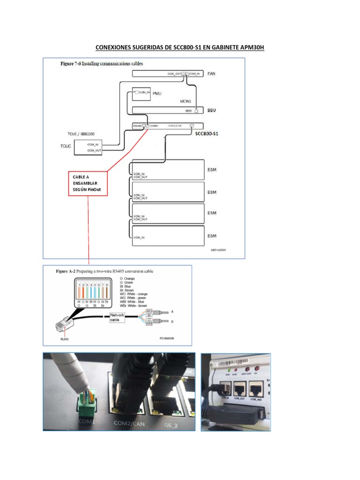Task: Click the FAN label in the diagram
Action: (x=212, y=74)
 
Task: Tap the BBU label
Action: (x=212, y=110)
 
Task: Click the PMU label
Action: (x=157, y=94)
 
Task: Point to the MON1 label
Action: (x=186, y=101)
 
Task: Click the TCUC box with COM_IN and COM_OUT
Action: (x=86, y=148)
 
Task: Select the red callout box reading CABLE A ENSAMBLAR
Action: (x=87, y=183)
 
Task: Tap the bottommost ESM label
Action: (x=212, y=236)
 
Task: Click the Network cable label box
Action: (x=117, y=317)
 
